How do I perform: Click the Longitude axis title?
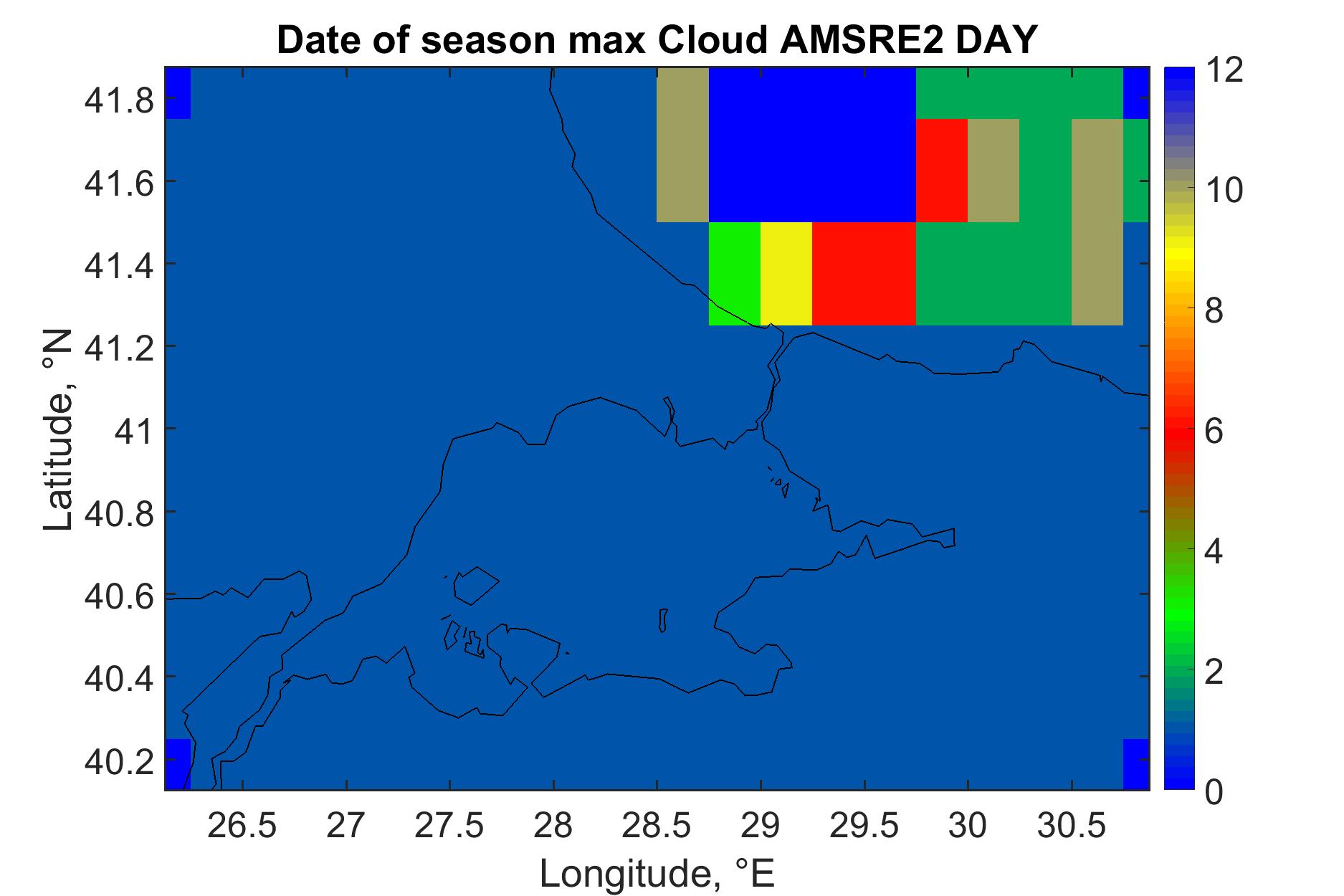657,873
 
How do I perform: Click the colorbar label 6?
1214,432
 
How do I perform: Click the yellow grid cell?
786,274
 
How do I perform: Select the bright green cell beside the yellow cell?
735,274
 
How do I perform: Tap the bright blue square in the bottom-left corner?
178,764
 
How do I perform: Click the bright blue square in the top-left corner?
178,93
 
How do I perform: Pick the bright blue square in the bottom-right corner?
1136,764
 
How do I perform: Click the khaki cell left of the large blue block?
683,145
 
